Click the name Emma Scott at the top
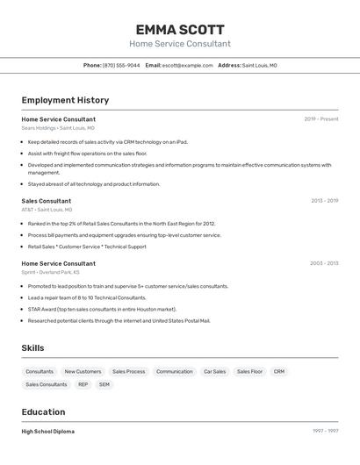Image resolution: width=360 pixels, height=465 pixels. [x=180, y=30]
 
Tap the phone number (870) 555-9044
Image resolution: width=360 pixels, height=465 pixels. [x=121, y=66]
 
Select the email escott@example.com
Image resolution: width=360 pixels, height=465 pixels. [x=187, y=66]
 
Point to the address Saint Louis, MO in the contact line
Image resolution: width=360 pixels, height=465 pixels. [x=259, y=66]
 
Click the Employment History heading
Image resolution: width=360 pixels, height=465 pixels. [x=65, y=101]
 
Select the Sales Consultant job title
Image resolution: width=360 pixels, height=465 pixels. [x=47, y=201]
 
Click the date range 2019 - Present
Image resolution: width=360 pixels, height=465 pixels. [x=321, y=119]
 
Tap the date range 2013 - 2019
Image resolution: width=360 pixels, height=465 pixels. [x=324, y=201]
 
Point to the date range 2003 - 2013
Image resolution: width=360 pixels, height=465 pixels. [x=324, y=263]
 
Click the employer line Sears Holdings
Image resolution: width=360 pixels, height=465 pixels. [x=58, y=128]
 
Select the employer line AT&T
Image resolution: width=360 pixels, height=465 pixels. [x=47, y=210]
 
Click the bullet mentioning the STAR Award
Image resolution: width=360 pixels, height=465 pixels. [x=102, y=309]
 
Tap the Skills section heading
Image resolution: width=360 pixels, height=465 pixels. [x=33, y=348]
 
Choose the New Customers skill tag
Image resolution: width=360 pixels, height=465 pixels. [x=83, y=372]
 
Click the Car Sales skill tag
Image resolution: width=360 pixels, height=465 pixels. [x=214, y=372]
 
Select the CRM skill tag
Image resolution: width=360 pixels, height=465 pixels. [x=278, y=372]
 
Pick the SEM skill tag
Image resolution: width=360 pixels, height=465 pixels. [x=104, y=384]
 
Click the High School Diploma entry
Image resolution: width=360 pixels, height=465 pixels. [x=48, y=432]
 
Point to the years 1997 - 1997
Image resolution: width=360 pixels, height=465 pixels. [x=325, y=432]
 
